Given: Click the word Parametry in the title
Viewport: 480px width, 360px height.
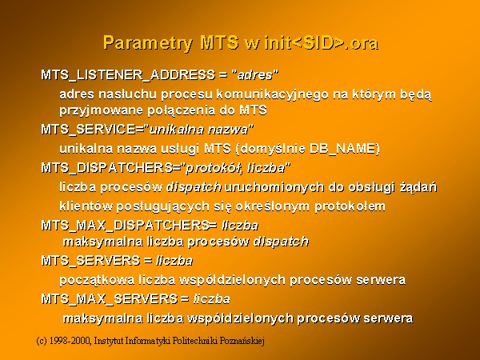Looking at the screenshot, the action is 147,43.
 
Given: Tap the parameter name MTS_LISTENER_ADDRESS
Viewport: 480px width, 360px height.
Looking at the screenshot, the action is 128,75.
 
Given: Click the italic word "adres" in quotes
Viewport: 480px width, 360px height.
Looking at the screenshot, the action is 255,75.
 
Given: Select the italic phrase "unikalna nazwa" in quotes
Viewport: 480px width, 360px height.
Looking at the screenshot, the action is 198,130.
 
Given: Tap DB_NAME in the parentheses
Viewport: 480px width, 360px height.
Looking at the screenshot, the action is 342,149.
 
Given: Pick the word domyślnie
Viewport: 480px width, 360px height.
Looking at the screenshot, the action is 270,149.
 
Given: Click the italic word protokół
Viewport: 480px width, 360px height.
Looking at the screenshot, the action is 213,168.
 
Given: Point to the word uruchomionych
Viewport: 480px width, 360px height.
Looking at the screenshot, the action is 274,186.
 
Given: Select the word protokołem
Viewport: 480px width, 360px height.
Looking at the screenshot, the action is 350,206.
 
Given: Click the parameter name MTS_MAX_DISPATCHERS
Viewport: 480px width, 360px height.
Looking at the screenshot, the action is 126,226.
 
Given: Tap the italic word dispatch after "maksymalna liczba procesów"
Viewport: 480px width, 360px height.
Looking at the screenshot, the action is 281,242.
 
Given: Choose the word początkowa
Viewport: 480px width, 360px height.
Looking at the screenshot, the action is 97,280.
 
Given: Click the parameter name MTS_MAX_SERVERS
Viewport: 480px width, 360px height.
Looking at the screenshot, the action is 110,298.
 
